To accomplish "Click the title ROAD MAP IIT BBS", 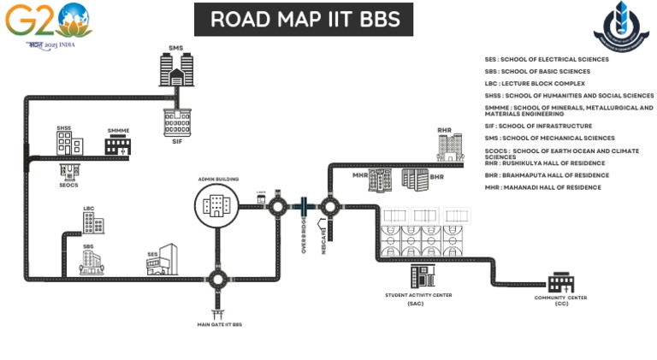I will pyautogui.click(x=303, y=19).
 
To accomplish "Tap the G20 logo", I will pyautogui.click(x=46, y=23).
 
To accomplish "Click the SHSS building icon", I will pyautogui.click(x=68, y=144).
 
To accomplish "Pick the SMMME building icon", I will pyautogui.click(x=118, y=145).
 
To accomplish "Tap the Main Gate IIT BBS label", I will pyautogui.click(x=218, y=325).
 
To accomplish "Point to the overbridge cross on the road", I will pyautogui.click(x=303, y=206).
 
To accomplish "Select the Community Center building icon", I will pyautogui.click(x=561, y=281).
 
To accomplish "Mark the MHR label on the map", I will pyautogui.click(x=360, y=174).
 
